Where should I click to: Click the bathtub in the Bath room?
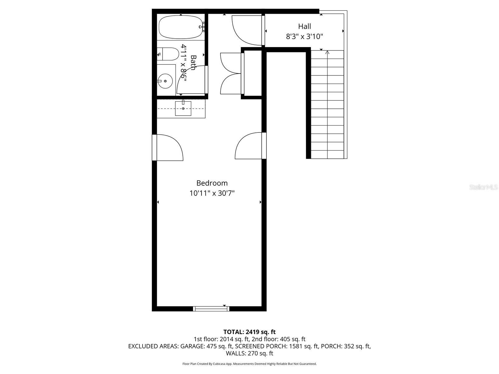click(x=180, y=27)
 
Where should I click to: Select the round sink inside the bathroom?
click(x=165, y=81)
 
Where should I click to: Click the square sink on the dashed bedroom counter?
click(x=183, y=108)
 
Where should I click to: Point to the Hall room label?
click(x=304, y=26)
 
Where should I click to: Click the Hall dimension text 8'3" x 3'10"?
click(x=304, y=36)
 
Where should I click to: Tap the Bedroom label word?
click(x=212, y=183)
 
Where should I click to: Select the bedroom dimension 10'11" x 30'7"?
click(x=212, y=193)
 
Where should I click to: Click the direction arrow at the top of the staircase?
click(x=327, y=53)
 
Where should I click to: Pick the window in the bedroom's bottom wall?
click(x=211, y=309)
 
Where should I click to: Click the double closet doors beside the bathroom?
click(x=231, y=74)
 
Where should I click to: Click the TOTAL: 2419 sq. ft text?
click(x=249, y=332)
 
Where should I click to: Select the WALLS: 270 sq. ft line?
click(x=249, y=353)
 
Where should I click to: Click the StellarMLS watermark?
click(x=483, y=187)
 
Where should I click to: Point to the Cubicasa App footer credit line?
click(x=249, y=364)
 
